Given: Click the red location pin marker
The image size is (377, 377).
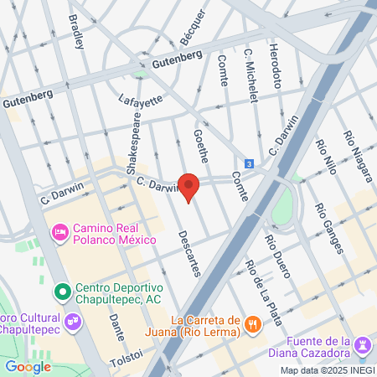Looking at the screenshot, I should coord(189,187).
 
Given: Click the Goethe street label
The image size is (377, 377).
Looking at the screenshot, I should coord(201,146).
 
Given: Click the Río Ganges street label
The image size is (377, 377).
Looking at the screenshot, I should coord(328,228).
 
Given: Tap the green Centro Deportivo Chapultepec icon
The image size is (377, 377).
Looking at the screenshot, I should coord(59,292).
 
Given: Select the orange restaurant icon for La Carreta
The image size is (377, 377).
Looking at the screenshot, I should coord(251,323).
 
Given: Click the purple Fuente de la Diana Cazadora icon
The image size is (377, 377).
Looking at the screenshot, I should coord(362,345).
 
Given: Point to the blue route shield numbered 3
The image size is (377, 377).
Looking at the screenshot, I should coord(250,163).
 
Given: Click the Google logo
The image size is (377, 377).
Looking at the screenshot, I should coord(28,366).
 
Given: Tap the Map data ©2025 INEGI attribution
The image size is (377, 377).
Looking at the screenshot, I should coord(327,370).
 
